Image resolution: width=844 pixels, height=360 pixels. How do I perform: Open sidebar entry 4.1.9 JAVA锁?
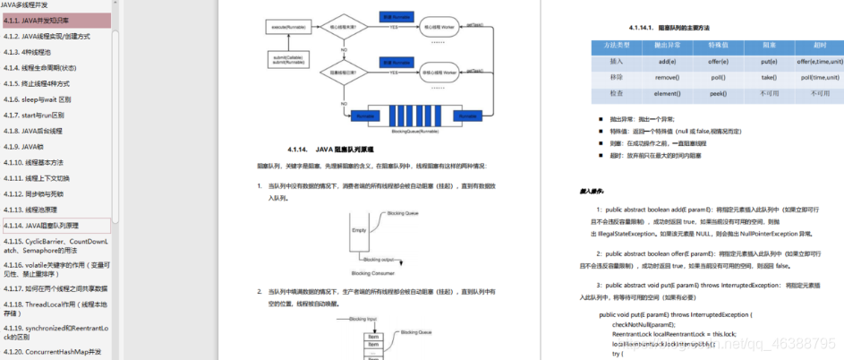(28, 147)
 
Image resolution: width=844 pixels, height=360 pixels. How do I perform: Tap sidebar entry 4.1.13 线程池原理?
(36, 210)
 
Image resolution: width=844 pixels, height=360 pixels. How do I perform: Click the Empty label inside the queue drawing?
(359, 230)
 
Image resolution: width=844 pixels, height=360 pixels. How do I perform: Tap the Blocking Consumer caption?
(373, 272)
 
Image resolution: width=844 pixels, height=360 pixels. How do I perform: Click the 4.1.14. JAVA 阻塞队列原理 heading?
(337, 149)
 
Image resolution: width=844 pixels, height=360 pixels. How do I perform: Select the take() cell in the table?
(769, 78)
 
